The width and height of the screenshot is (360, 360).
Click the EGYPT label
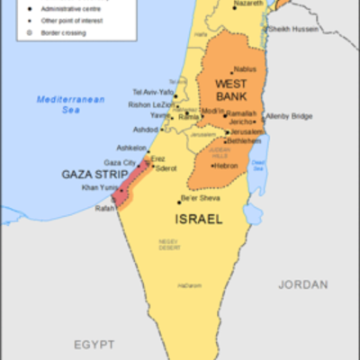coord(94,345)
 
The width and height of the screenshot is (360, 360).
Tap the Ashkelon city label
coord(131,148)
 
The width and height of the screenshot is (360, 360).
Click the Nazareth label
coord(247,4)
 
